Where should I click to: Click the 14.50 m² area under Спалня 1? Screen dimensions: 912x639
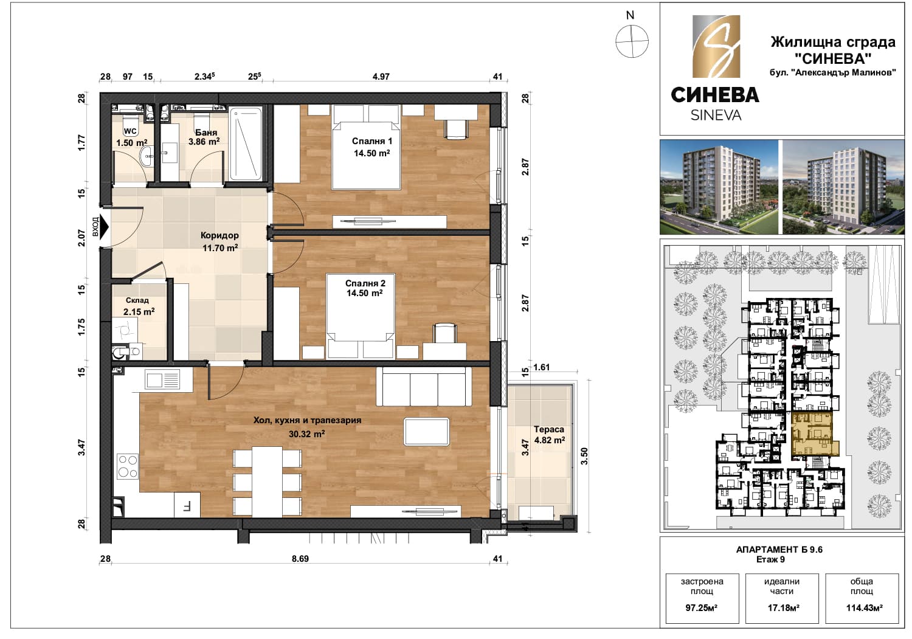tap(371, 153)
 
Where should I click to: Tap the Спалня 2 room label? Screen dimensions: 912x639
tap(365, 283)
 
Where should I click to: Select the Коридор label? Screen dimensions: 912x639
tap(219, 235)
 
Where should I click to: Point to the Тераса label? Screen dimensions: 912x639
tap(549, 429)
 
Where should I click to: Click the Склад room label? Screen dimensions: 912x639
tap(137, 300)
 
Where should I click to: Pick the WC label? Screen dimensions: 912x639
tap(130, 131)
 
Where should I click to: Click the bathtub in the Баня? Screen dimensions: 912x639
tap(246, 143)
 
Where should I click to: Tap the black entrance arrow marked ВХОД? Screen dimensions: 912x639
tap(104, 227)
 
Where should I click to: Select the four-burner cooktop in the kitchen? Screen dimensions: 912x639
tap(128, 467)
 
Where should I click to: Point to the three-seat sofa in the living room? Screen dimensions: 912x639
tap(424, 387)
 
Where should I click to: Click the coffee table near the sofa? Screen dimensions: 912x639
tap(427, 432)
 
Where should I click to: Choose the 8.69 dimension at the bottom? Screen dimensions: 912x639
tap(300, 559)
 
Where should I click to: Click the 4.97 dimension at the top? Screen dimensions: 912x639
tap(381, 77)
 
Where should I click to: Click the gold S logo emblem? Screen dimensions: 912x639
tap(716, 46)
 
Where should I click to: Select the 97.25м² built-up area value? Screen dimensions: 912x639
tap(702, 608)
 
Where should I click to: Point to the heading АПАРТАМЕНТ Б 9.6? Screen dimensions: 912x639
tap(779, 550)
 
